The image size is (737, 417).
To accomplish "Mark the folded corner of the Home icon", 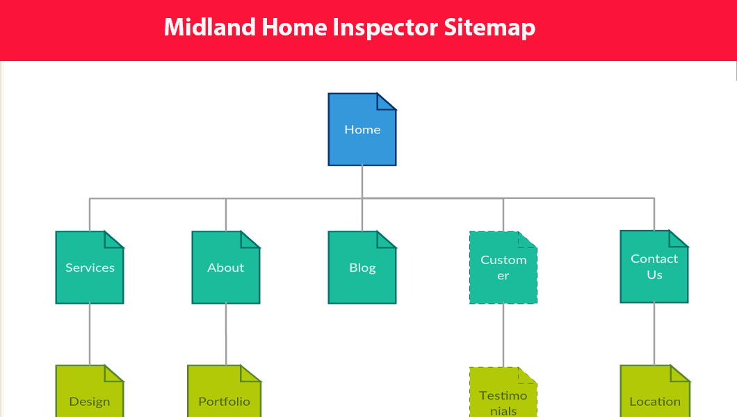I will click(x=387, y=101).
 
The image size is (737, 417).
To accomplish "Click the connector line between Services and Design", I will click(x=90, y=334).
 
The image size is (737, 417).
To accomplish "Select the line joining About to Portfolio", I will click(x=226, y=334).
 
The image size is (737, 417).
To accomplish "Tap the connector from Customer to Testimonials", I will click(x=503, y=335).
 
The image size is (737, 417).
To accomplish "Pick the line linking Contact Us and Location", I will click(x=654, y=334).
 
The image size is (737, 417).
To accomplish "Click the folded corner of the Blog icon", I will click(x=387, y=239).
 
